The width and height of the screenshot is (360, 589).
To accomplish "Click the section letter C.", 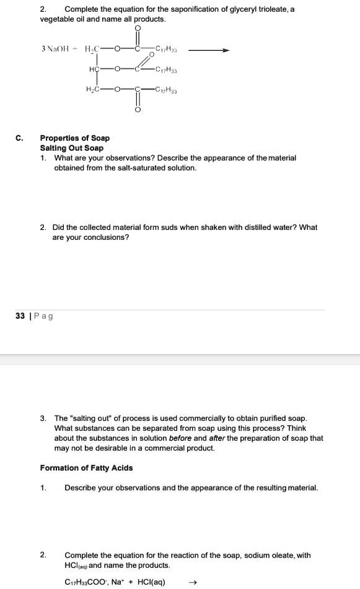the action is (x=21, y=138).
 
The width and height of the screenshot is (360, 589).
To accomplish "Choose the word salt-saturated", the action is (x=139, y=168).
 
